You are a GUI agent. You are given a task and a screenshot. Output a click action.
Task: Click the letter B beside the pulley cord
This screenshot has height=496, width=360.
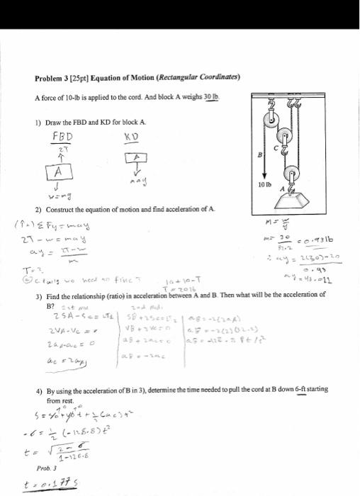pyautogui.click(x=260, y=154)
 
